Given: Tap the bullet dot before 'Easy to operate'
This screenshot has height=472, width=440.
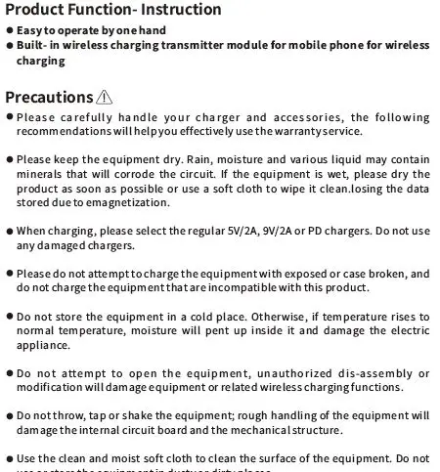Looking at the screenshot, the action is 9,31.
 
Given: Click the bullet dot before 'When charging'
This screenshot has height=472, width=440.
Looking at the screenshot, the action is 9,233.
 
